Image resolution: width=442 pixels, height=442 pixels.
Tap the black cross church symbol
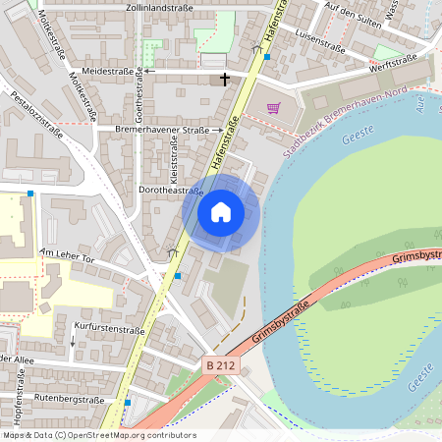(x=225, y=78)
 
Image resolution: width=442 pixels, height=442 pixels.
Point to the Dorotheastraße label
(x=171, y=191)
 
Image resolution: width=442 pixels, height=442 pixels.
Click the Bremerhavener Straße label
(x=162, y=130)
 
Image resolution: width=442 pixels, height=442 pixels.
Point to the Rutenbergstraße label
(x=69, y=400)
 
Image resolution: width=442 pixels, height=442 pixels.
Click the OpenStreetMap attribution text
(x=98, y=435)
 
